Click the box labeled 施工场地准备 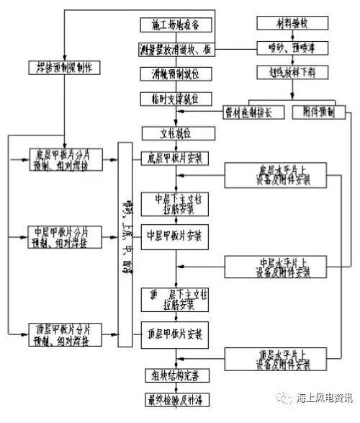(x=171, y=25)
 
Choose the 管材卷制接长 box (x=250, y=112)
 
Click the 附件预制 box (x=319, y=112)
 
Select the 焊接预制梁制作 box (x=64, y=68)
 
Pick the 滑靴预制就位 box (x=171, y=73)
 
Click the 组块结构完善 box (x=171, y=375)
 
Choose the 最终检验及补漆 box (x=171, y=398)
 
